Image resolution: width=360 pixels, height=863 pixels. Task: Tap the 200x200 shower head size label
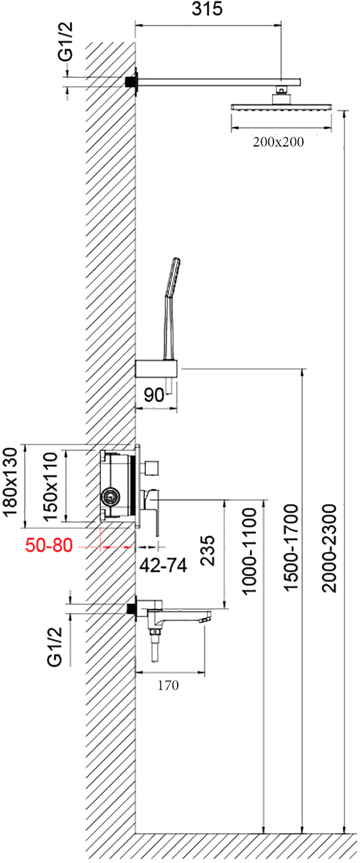point(277,142)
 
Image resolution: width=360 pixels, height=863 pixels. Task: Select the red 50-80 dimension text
point(49,545)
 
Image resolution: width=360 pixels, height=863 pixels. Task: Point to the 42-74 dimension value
point(164,566)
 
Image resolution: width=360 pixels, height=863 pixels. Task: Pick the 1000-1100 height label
point(249,550)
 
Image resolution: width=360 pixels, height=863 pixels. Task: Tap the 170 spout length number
point(168,685)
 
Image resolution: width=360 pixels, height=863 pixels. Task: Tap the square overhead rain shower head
point(282,107)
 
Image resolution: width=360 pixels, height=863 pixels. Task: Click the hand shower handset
point(171,280)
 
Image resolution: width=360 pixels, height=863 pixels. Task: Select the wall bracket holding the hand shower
point(156,367)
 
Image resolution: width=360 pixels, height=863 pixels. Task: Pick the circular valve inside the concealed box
point(111,495)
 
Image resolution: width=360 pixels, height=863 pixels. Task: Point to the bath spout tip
point(204,619)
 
